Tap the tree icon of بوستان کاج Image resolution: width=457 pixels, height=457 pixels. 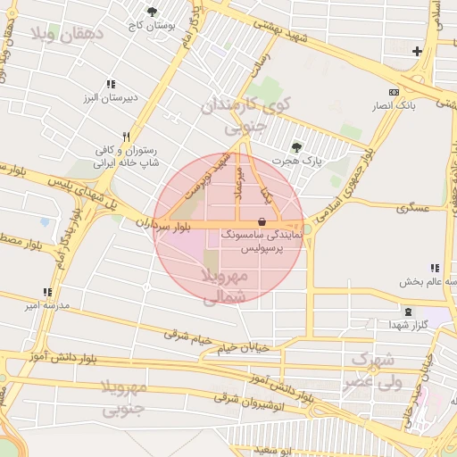[152, 12]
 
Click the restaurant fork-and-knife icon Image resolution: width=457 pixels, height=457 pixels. [126, 137]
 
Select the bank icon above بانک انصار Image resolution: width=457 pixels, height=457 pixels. [394, 92]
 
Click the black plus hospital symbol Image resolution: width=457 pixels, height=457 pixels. [417, 51]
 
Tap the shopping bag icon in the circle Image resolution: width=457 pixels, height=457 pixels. [261, 220]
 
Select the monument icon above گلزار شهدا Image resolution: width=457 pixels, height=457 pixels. [409, 312]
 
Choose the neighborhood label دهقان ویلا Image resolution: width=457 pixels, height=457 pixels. [68, 34]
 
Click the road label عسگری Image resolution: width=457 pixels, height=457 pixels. [413, 207]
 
